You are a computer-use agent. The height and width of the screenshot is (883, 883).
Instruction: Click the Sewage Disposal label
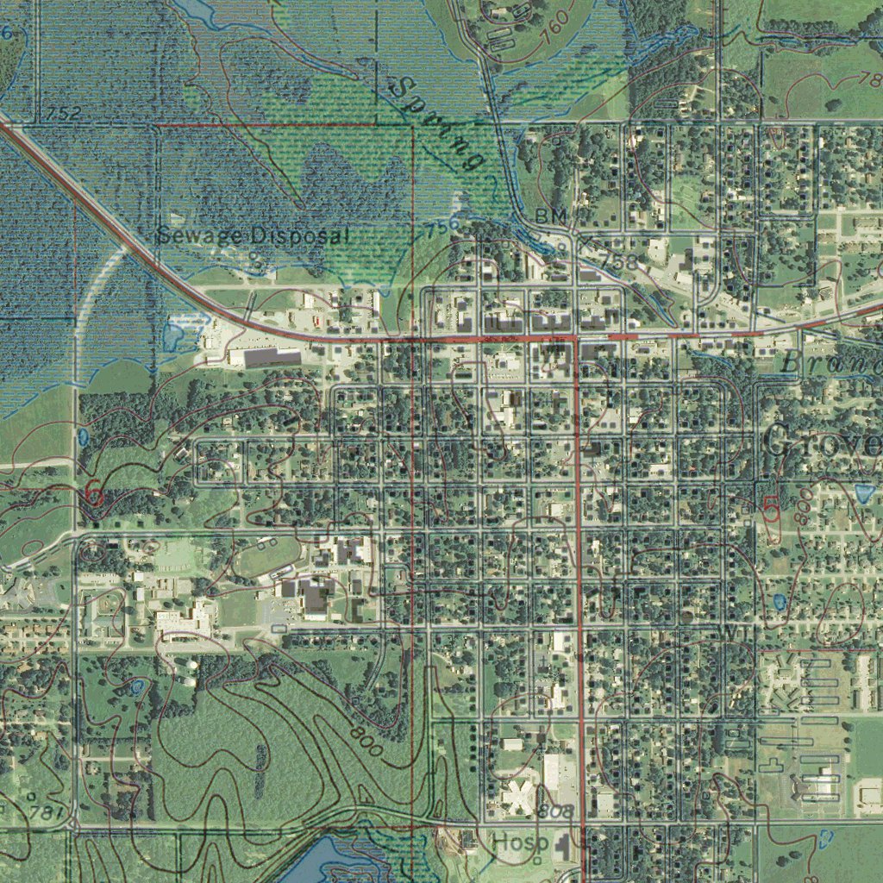pyautogui.click(x=254, y=235)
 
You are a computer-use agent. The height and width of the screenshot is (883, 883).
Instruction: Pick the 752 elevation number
pyautogui.click(x=64, y=114)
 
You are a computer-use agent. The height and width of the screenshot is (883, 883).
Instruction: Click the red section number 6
pyautogui.click(x=94, y=496)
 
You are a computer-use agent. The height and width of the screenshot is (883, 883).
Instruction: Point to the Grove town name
pyautogui.click(x=823, y=443)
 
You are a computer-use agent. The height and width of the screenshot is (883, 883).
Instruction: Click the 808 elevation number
pyautogui.click(x=555, y=812)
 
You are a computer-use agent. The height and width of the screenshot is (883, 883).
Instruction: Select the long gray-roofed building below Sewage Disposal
pyautogui.click(x=272, y=355)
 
